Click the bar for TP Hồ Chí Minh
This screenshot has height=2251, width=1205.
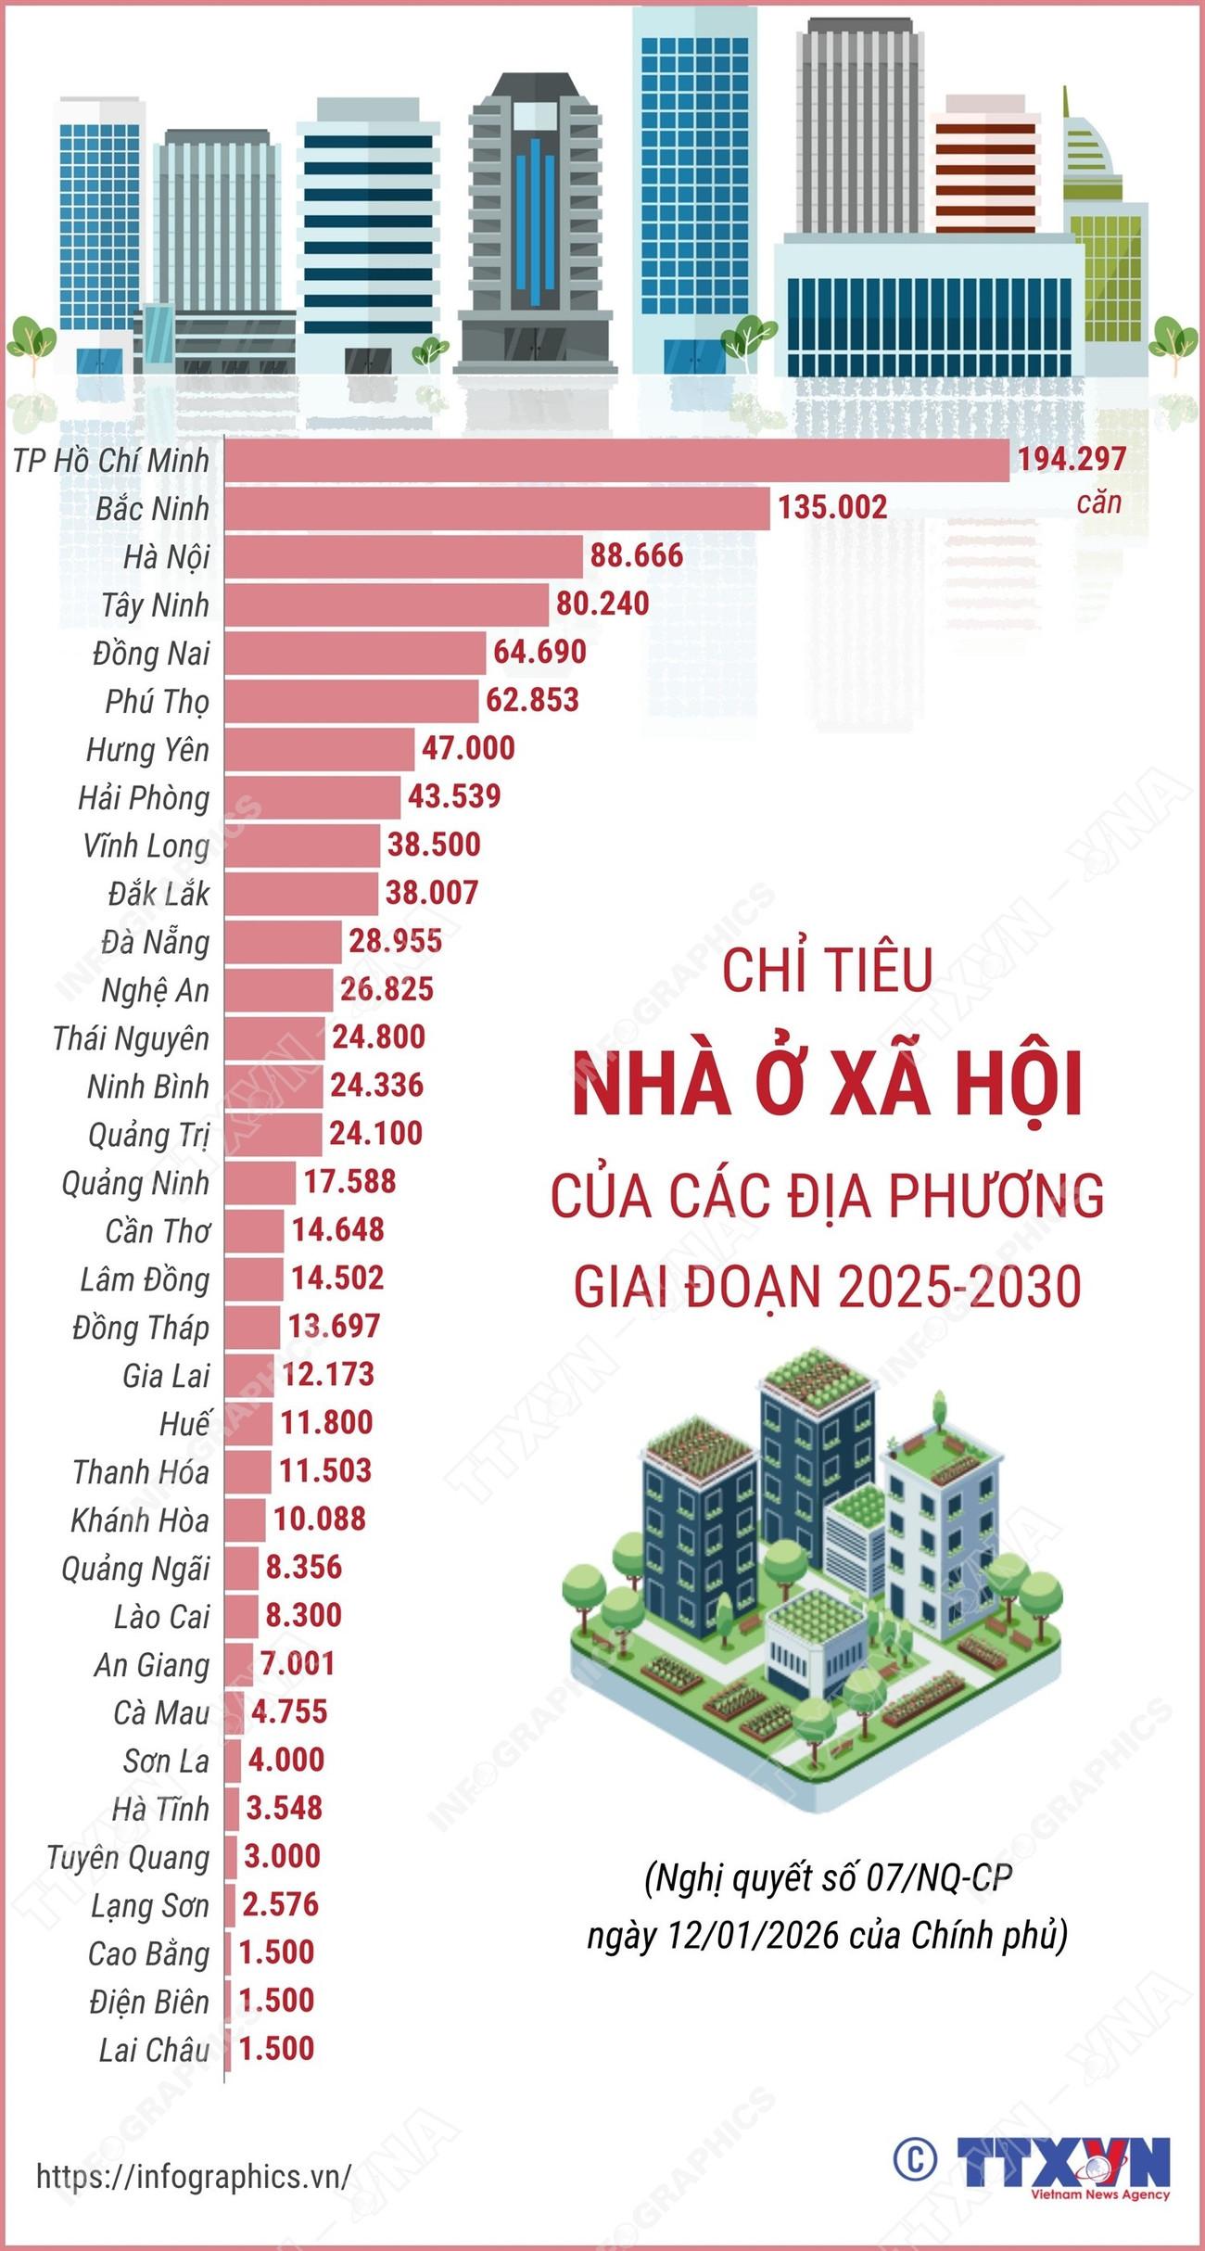click(616, 461)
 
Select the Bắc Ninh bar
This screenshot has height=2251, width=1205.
click(497, 509)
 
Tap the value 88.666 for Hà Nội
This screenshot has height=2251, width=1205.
click(637, 556)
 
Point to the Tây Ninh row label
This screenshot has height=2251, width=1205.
click(155, 605)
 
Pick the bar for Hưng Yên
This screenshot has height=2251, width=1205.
click(319, 749)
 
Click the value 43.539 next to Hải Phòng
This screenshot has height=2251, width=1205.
click(454, 796)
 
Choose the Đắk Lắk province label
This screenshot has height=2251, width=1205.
click(159, 895)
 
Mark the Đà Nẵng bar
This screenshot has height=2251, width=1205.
click(283, 942)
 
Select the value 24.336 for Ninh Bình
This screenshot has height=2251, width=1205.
click(376, 1086)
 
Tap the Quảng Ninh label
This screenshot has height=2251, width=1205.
click(135, 1184)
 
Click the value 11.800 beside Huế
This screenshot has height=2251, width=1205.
click(326, 1422)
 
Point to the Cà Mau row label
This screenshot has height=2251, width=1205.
click(161, 1712)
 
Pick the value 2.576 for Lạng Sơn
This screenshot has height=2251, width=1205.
click(280, 1904)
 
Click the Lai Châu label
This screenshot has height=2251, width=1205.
click(154, 2050)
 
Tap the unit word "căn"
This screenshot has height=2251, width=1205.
click(1098, 503)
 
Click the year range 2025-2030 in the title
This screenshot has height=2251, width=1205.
click(959, 1287)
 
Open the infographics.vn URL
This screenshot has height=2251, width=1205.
click(194, 2176)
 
